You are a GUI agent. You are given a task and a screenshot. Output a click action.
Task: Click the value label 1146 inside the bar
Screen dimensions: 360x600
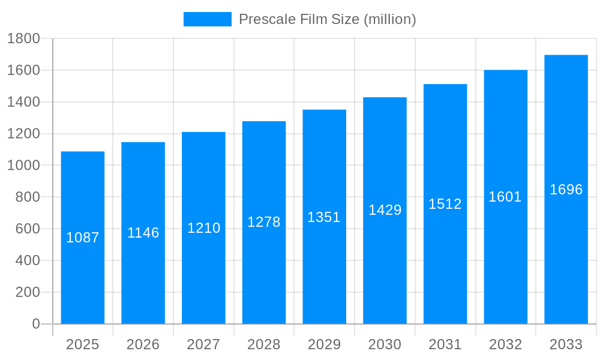[143, 233]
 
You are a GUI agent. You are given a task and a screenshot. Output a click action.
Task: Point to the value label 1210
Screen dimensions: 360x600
[204, 228]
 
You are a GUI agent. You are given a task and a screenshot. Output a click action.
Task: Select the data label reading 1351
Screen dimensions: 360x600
[324, 217]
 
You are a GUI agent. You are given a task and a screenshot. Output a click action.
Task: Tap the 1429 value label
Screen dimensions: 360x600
[385, 210]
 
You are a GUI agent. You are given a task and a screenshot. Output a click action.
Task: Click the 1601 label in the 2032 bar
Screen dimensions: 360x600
[505, 197]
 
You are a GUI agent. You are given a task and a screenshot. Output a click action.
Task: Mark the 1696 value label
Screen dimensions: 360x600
[566, 190]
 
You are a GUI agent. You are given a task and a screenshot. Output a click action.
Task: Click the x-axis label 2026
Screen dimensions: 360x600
[143, 344]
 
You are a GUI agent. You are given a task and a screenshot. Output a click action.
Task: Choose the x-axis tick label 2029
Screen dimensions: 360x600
[324, 344]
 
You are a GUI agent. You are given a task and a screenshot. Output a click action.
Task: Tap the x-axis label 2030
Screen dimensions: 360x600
[385, 344]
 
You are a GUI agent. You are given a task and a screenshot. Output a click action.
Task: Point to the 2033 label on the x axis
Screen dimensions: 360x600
[566, 344]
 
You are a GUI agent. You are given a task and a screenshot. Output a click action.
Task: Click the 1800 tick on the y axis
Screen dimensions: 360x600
[23, 39]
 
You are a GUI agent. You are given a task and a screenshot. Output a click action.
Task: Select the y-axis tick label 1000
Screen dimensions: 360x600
[23, 166]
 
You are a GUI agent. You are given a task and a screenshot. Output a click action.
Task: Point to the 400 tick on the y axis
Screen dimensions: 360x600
[27, 260]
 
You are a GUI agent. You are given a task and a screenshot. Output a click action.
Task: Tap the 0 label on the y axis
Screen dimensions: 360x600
[36, 324]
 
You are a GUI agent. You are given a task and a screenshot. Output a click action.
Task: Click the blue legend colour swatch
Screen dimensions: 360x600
[207, 19]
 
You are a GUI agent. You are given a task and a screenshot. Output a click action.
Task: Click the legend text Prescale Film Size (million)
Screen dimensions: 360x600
[327, 19]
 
